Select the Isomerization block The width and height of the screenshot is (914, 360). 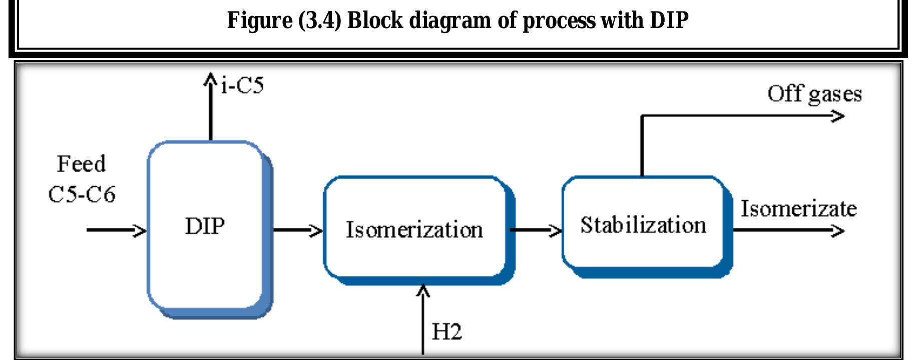[x=415, y=229]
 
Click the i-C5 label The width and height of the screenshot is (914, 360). [x=242, y=86]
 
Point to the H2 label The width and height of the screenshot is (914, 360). [x=446, y=331]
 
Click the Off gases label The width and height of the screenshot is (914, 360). [x=814, y=94]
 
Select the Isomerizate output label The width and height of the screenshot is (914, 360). [x=798, y=208]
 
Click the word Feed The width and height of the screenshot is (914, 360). [x=81, y=164]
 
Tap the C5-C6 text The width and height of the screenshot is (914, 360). [x=82, y=194]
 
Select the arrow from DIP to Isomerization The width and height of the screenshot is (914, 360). [x=298, y=230]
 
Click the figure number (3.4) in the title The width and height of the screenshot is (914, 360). [x=319, y=21]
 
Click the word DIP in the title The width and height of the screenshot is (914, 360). [x=669, y=21]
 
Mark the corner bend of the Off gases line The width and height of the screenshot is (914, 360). [x=642, y=116]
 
